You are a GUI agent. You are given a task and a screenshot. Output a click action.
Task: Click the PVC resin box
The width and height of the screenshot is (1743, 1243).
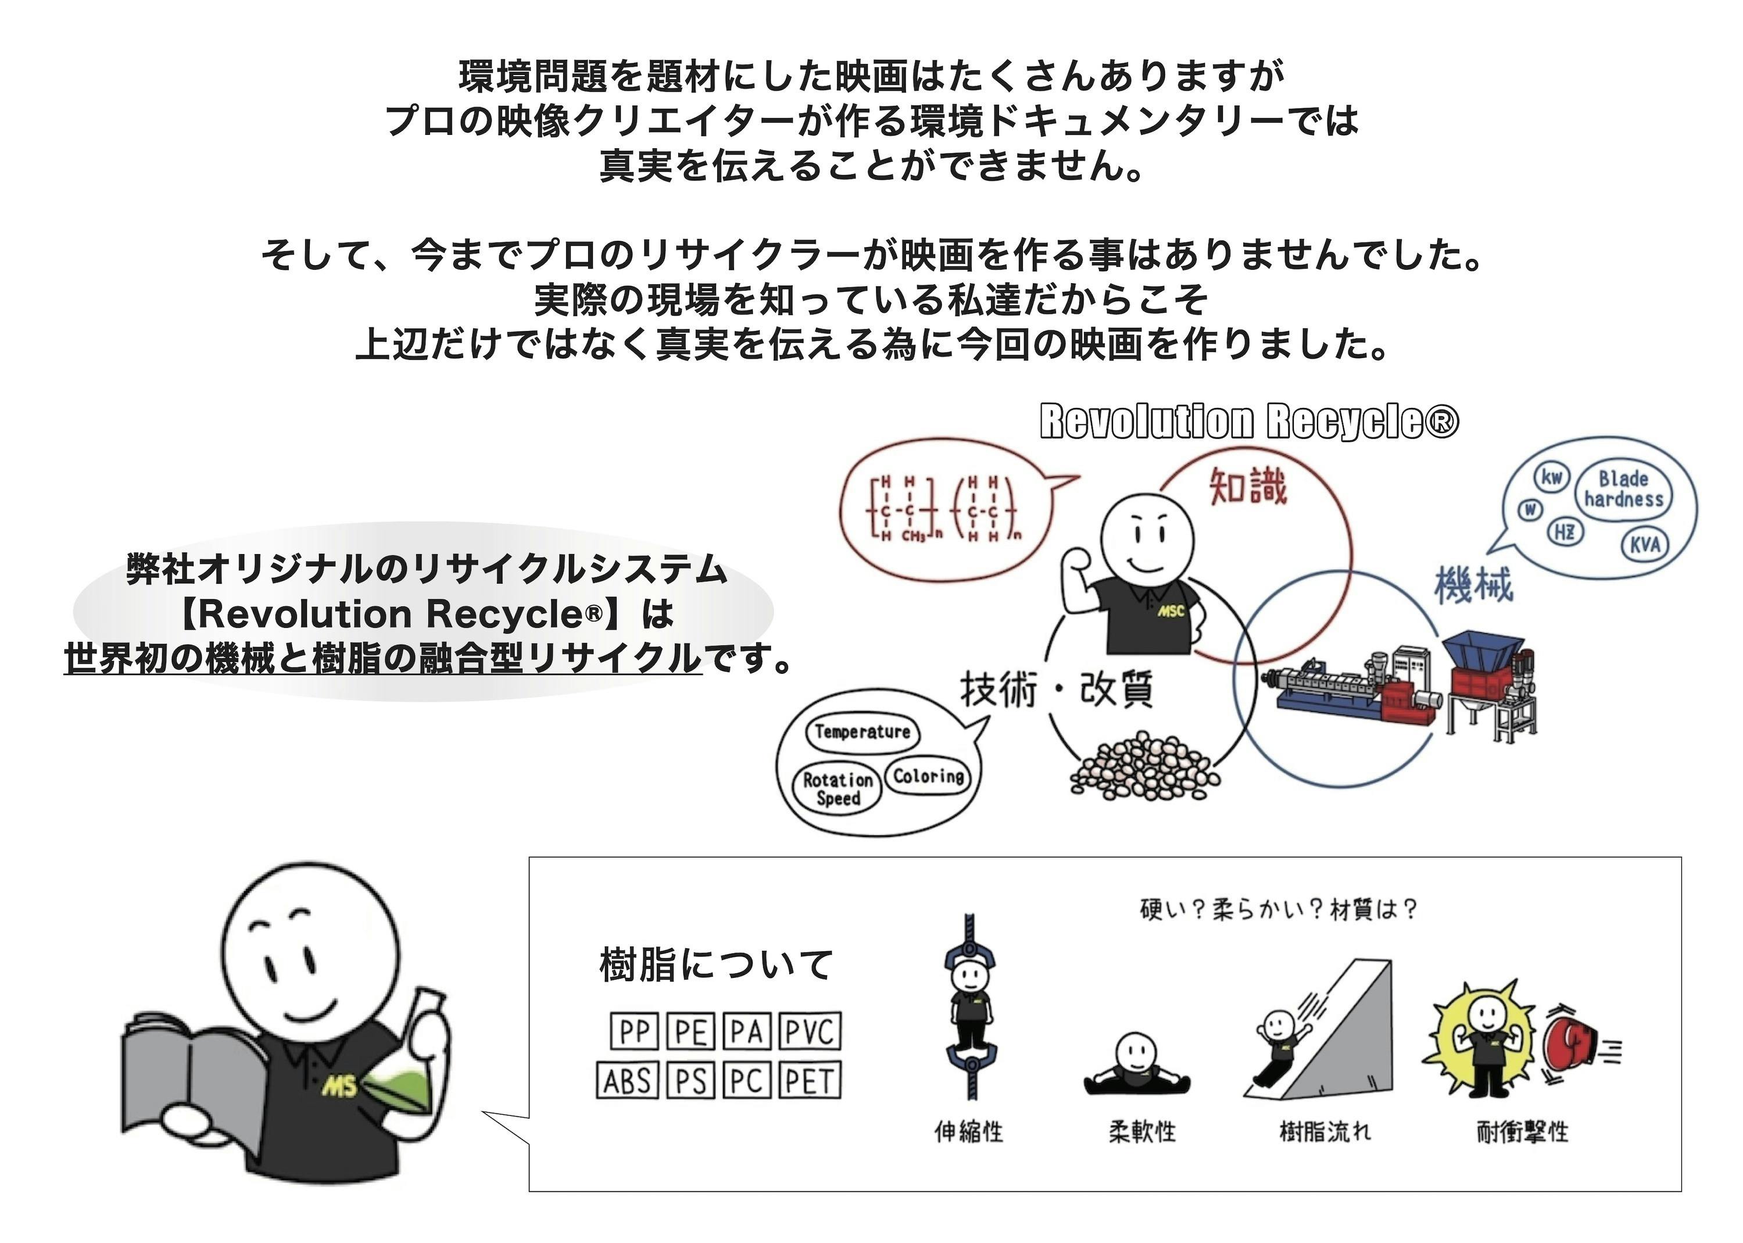[810, 1032]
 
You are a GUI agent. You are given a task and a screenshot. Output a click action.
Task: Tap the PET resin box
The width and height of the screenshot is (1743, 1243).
[810, 1081]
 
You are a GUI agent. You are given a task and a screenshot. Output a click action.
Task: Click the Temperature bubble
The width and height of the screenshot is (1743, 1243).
[862, 732]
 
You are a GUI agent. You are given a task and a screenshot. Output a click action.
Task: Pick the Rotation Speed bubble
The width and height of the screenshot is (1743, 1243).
[838, 788]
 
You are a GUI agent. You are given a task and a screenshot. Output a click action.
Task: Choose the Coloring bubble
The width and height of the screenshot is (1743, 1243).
[928, 776]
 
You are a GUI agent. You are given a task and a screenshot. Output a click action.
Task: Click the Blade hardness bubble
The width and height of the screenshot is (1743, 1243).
[1623, 489]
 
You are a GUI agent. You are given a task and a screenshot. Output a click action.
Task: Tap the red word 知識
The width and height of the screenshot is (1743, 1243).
[1248, 486]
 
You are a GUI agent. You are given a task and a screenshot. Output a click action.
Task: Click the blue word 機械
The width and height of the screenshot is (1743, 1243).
[1473, 585]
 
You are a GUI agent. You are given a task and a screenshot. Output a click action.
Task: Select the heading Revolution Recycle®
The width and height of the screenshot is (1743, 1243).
[1249, 422]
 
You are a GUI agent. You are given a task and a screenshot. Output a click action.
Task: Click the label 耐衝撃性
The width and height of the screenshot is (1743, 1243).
[1522, 1131]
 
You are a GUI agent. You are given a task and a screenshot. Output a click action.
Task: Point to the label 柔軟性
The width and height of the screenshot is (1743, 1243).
[1141, 1131]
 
